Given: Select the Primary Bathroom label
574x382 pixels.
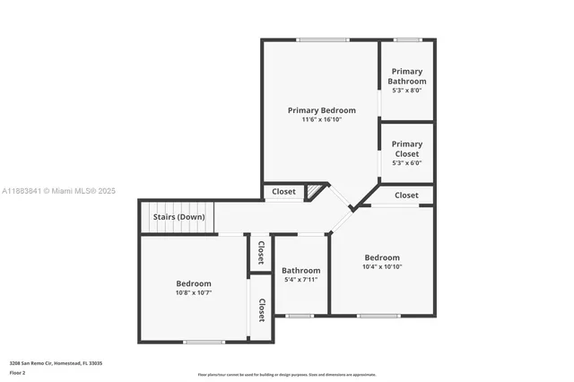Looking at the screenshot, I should [406, 76].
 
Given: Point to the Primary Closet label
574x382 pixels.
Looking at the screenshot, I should [406, 149].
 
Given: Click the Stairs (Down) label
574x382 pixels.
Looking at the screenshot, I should [178, 217].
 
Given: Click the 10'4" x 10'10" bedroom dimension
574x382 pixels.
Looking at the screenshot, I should [382, 266].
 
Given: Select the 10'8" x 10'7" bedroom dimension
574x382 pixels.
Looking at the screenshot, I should [194, 292].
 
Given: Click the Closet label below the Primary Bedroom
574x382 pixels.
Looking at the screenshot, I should [283, 191].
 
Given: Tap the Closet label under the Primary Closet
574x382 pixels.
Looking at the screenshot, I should [406, 195].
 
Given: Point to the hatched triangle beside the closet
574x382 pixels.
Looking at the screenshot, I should [313, 191].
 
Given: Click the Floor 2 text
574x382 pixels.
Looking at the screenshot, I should [18, 371].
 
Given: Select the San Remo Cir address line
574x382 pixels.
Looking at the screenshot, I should [56, 362].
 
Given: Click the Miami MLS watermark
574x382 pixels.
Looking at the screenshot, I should [58, 191].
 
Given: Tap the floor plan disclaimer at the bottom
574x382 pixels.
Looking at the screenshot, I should [286, 374].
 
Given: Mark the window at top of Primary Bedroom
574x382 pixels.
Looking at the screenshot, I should [323, 39].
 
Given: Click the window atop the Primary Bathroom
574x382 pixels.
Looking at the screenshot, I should [408, 39].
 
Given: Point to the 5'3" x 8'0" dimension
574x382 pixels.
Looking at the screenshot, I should [406, 90].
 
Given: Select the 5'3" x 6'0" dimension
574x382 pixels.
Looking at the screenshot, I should [406, 163].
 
